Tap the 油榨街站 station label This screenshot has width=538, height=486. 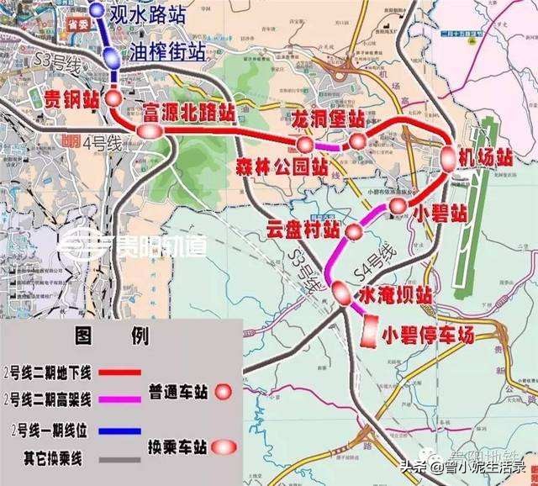[x=168, y=52]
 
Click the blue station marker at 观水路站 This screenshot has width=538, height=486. [x=97, y=11]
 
